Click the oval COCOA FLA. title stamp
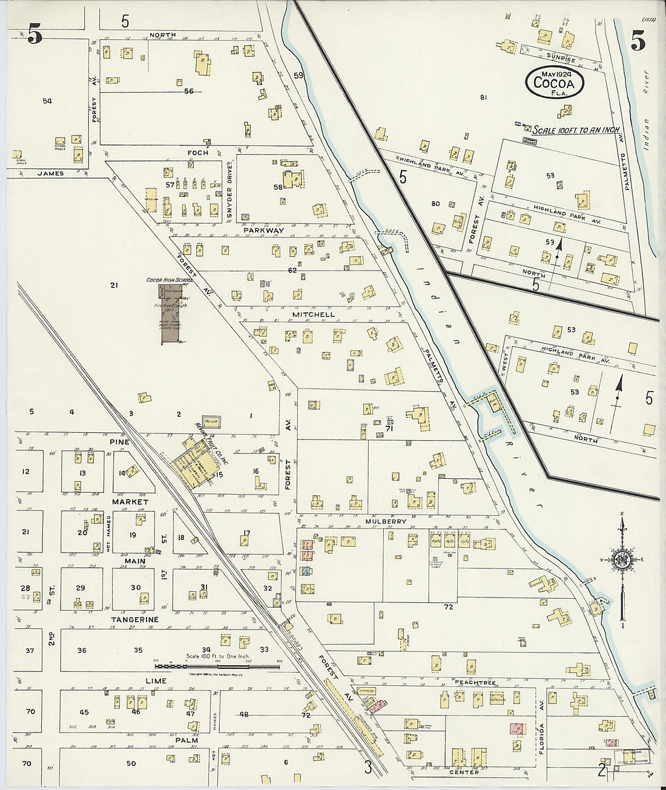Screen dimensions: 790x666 point(554,81)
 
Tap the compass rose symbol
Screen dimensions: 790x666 point(621,560)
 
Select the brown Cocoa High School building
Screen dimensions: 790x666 point(171,314)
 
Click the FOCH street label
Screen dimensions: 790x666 point(198,153)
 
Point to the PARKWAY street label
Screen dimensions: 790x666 point(263,231)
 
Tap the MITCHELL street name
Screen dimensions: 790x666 point(312,315)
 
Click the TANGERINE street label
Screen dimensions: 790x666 point(134,619)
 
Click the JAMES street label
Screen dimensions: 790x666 point(50,173)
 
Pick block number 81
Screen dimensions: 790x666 point(483,97)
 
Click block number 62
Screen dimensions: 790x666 point(292,270)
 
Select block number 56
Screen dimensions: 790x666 point(188,91)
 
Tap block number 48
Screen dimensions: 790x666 point(243,714)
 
